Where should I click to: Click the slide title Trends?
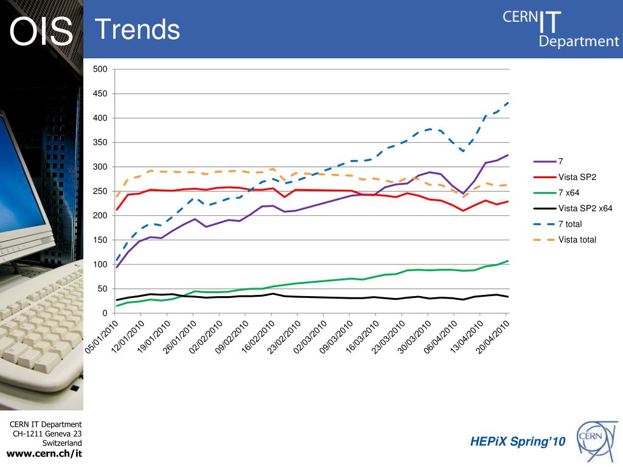137,29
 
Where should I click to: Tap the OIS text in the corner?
41,32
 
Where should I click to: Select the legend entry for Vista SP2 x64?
585,209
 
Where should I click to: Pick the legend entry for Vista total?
577,240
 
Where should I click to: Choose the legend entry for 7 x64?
569,193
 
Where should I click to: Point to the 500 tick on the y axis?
100,69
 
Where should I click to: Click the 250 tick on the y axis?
100,192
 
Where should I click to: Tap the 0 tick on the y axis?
105,313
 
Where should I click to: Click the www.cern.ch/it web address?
44,454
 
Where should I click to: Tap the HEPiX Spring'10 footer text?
518,441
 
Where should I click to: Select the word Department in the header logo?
579,41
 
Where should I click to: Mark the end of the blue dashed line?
508,103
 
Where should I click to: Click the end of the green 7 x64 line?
508,261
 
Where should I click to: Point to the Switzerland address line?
62,443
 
